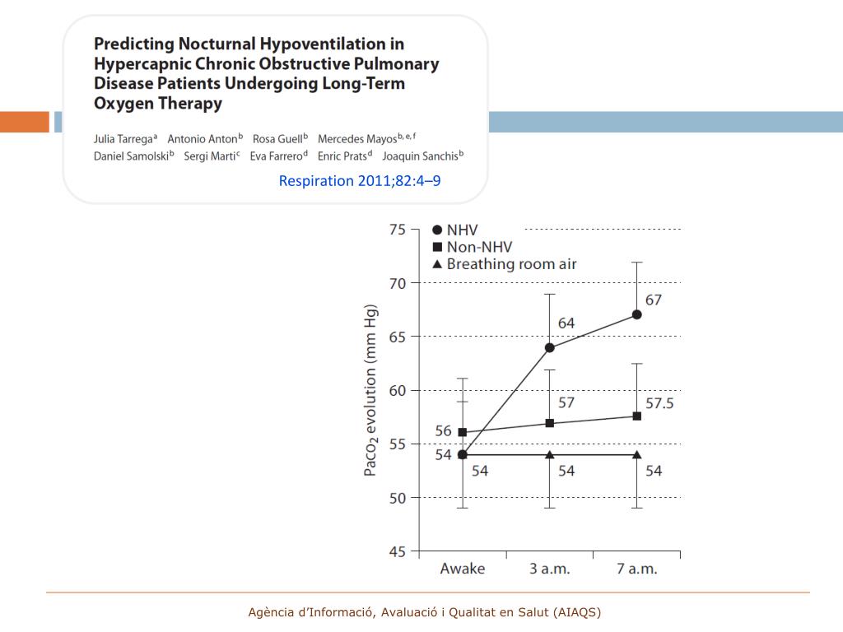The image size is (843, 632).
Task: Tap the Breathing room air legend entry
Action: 504,264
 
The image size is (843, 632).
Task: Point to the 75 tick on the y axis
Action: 398,230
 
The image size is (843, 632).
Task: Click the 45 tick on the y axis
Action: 398,551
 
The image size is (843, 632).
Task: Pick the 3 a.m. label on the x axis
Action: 549,569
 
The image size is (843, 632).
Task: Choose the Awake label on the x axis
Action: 463,569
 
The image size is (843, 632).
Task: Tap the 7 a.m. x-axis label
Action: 636,569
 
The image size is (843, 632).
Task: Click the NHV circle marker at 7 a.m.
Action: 636,314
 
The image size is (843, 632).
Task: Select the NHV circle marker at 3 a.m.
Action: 549,347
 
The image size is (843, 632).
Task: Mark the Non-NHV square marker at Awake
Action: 463,432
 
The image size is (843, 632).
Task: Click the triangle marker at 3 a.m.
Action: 549,454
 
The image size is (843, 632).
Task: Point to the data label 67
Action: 653,300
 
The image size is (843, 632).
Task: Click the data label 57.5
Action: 659,403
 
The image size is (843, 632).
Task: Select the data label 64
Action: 566,323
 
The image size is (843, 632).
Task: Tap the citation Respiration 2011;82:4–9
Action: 360,180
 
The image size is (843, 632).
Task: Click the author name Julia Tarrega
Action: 124,138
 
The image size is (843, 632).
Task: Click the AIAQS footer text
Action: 425,612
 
